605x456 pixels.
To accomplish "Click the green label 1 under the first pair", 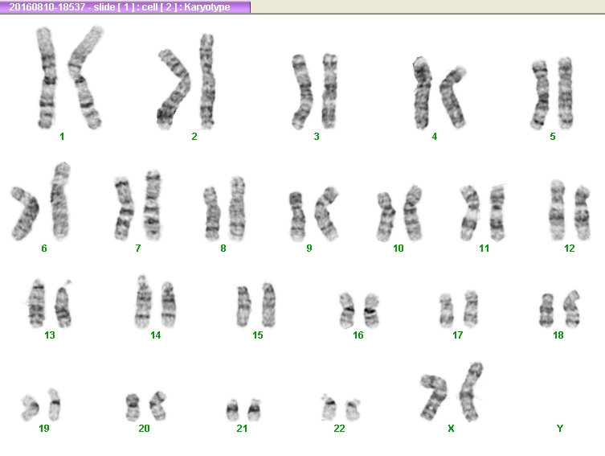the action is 62,136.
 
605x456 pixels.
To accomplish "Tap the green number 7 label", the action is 137,249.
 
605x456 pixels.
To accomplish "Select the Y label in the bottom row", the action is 559,428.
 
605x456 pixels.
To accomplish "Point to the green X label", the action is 451,428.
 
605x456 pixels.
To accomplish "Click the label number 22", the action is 339,428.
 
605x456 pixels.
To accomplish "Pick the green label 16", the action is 358,335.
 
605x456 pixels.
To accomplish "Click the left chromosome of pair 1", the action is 47,77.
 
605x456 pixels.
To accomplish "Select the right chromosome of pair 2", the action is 207,81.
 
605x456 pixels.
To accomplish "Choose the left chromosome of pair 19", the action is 30,408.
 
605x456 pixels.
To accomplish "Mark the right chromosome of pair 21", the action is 254,409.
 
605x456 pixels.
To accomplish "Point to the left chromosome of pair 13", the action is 37,303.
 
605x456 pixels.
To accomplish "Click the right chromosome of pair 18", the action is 572,309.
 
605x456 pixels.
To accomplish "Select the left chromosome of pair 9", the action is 297,216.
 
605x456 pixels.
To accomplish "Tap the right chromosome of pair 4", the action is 452,97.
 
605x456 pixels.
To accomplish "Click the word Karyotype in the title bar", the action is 207,7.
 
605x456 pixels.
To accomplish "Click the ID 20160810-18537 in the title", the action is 47,7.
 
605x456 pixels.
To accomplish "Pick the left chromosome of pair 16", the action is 347,310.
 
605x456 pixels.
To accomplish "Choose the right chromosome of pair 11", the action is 497,213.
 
